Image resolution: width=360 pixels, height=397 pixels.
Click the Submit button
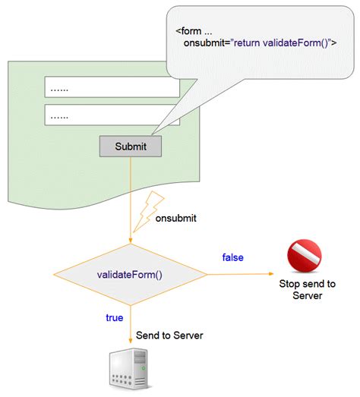130,146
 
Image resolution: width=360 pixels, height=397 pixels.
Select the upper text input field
112,87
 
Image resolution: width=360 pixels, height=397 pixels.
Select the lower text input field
112,115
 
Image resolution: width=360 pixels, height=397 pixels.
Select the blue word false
232,258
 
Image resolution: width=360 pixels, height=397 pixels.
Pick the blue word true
114,317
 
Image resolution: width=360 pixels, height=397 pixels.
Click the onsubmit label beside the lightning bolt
176,219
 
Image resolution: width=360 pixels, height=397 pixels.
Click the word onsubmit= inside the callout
207,44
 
